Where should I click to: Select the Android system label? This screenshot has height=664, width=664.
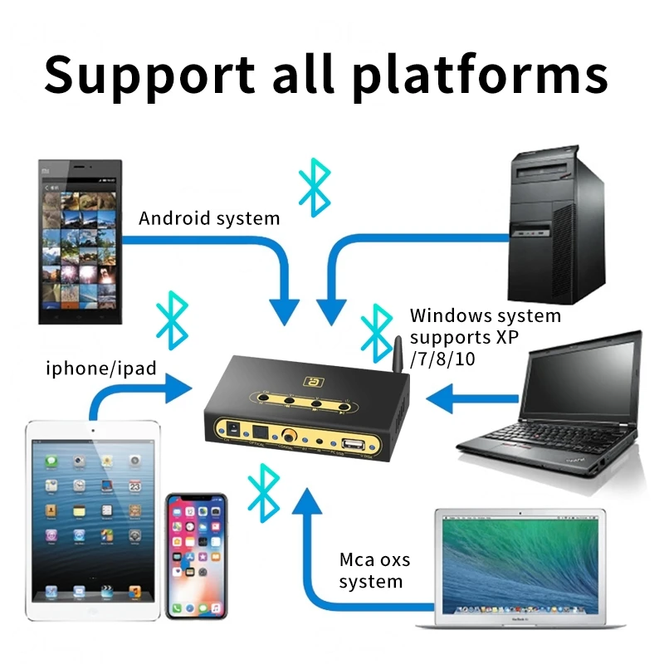tap(209, 218)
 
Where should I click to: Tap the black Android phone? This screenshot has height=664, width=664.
tap(80, 241)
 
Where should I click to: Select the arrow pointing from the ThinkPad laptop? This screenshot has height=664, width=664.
tap(465, 398)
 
